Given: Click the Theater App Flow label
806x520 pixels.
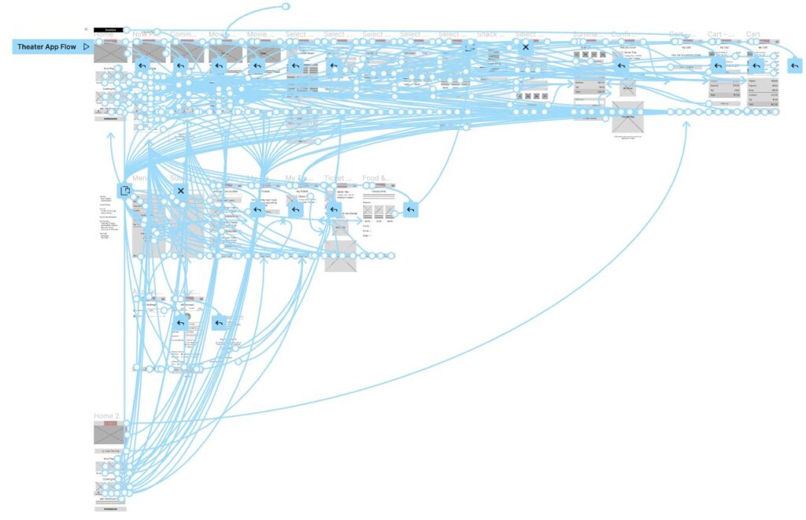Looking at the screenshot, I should click(46, 47).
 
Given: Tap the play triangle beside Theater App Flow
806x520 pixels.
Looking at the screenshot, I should click(87, 47).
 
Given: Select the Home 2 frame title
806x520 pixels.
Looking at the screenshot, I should click(107, 416).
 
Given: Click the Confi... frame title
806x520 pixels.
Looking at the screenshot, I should click(623, 35).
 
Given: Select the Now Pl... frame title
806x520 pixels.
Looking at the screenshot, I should click(146, 35).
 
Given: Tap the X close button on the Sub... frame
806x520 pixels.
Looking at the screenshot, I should click(180, 191).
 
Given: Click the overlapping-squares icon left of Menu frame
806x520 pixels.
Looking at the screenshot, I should click(124, 191).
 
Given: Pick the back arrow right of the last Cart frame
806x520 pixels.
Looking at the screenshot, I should click(795, 65).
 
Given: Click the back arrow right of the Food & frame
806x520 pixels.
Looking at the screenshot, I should click(411, 210).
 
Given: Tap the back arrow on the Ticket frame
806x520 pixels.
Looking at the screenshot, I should click(334, 210).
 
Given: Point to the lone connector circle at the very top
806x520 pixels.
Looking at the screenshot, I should click(286, 6).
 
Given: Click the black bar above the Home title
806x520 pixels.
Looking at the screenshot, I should click(105, 29).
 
